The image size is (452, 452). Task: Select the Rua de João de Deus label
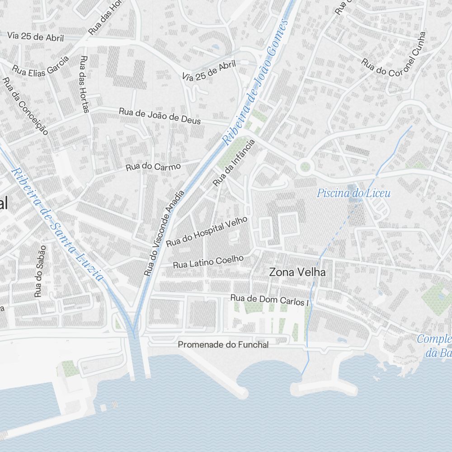(160, 116)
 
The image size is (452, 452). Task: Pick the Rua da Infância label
(234, 163)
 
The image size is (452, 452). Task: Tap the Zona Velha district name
(297, 273)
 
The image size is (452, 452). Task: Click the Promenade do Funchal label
(223, 345)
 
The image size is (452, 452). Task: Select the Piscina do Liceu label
(353, 194)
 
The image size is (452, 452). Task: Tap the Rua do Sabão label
(40, 271)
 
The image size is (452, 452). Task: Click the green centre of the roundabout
(306, 167)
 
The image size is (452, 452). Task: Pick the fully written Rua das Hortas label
(84, 84)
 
